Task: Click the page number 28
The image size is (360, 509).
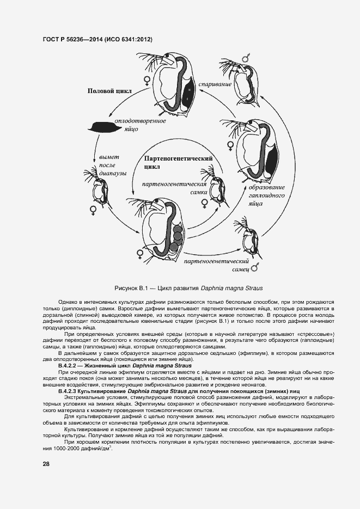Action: (x=46, y=464)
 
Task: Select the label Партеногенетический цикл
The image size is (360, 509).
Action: (x=178, y=162)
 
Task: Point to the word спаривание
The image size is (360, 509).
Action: (x=215, y=84)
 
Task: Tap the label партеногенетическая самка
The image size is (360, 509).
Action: (x=173, y=188)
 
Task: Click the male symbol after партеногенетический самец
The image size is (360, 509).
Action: (x=254, y=267)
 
